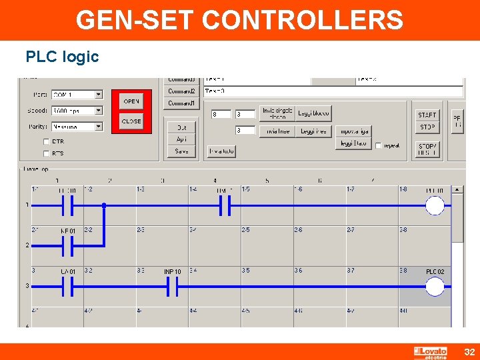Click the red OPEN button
tap(131, 101)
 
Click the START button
tap(427, 115)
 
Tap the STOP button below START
tap(427, 127)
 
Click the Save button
tap(181, 151)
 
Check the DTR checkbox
tap(46, 141)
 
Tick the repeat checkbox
tap(378, 145)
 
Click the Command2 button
tap(181, 91)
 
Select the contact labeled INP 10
tap(172, 287)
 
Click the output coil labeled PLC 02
tap(435, 287)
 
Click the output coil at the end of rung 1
tap(435, 206)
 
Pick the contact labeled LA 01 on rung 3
tap(67, 287)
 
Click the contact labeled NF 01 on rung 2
tap(67, 247)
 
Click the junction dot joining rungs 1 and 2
tap(104, 206)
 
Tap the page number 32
tap(469, 352)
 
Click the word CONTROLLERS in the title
tap(303, 20)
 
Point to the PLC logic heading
tap(62, 57)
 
